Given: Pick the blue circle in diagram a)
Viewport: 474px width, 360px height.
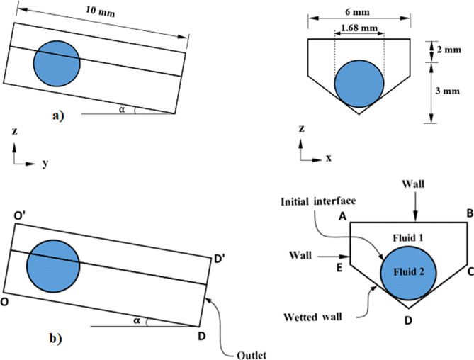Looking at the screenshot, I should pyautogui.click(x=57, y=62).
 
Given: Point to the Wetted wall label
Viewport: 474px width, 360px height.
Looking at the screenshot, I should pyautogui.click(x=319, y=313).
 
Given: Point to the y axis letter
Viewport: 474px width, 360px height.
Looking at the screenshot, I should pyautogui.click(x=44, y=164).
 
